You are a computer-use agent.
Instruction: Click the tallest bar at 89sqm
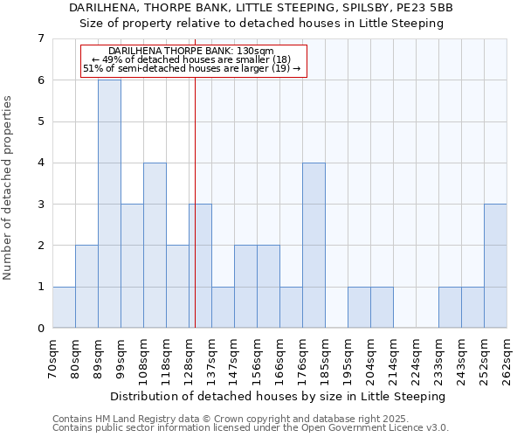tap(109, 204)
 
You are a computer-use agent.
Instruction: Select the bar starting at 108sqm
tap(155, 245)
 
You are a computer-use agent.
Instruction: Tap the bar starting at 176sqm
tap(314, 245)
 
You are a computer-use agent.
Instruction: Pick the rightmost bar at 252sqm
tap(495, 266)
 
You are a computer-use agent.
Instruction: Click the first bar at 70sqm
tap(64, 307)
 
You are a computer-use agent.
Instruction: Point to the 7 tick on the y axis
tap(40, 38)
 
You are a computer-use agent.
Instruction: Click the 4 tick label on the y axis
tap(40, 163)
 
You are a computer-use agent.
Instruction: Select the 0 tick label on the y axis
tap(40, 329)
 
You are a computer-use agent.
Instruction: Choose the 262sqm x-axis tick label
tap(507, 358)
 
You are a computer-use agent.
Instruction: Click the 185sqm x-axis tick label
tap(325, 358)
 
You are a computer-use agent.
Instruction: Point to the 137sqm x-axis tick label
tap(211, 358)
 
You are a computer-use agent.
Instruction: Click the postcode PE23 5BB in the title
tap(425, 8)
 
